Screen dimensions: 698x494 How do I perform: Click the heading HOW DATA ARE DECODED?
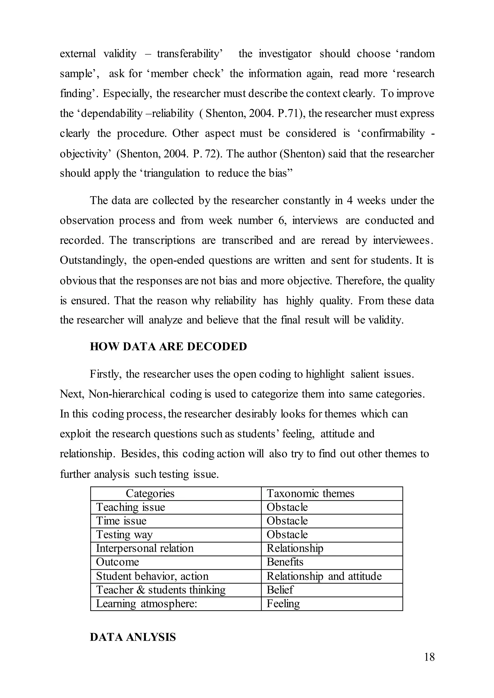point(168,347)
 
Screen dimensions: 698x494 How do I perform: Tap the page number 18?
point(429,657)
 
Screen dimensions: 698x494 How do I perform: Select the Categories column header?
point(150,493)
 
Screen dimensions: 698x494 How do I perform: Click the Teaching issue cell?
point(130,507)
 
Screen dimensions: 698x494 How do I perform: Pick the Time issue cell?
point(121,521)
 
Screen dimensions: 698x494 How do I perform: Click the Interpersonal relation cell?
point(145,548)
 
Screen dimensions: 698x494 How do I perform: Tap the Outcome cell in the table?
point(117,562)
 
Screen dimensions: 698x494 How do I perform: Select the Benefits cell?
point(285,562)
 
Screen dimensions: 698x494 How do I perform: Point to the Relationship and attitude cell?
point(324,576)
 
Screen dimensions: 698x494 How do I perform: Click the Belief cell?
point(280,590)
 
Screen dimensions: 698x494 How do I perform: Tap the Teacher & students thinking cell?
point(161,590)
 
